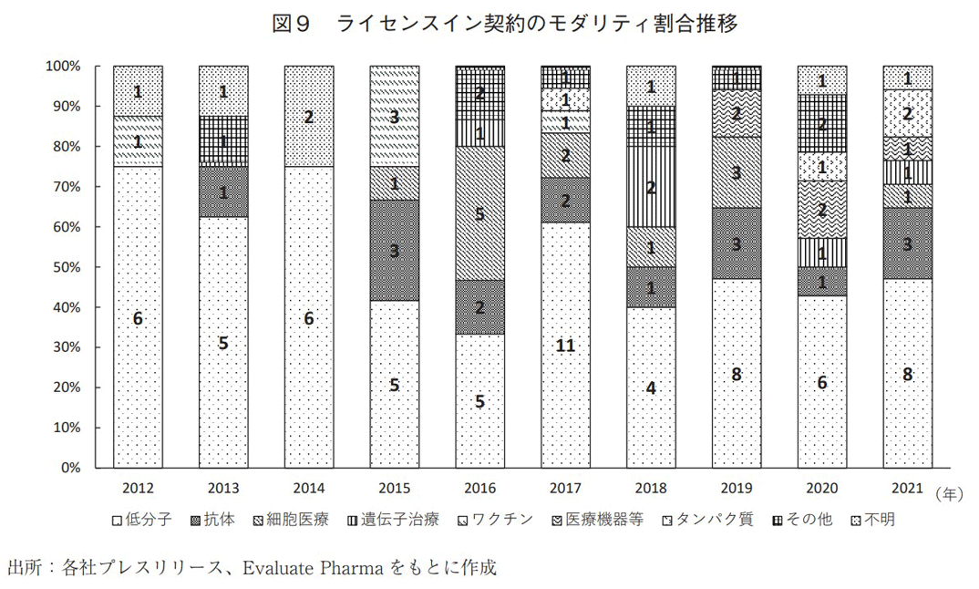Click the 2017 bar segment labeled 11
pos(566,345)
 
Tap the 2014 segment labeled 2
pos(309,117)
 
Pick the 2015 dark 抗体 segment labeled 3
pos(394,251)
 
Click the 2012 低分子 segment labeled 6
pos(138,317)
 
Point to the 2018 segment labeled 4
pos(651,387)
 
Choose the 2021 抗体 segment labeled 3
pos(907,243)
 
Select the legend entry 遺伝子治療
pos(404,520)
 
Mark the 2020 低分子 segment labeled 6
pos(821,383)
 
